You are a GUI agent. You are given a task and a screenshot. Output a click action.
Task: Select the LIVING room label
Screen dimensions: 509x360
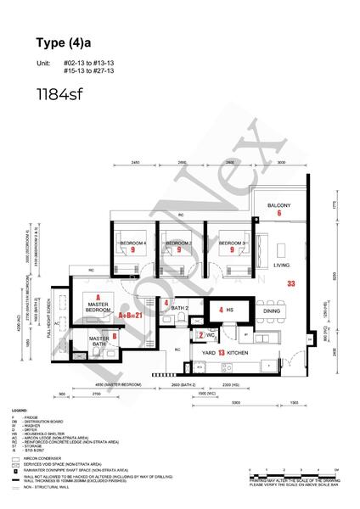(281, 266)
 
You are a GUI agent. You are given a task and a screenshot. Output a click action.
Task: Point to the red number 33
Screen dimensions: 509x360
(290, 283)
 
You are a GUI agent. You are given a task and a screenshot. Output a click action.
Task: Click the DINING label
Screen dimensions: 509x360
(272, 311)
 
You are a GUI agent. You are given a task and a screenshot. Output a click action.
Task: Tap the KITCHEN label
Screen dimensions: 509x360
(238, 351)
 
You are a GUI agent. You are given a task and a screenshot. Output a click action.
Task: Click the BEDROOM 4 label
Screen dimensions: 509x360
(133, 243)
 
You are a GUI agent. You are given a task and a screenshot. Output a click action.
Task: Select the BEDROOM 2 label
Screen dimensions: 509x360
(179, 243)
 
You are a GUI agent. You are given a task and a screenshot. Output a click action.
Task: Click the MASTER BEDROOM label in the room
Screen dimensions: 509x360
(99, 304)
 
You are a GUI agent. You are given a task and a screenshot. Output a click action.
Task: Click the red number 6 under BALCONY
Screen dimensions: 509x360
(278, 214)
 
